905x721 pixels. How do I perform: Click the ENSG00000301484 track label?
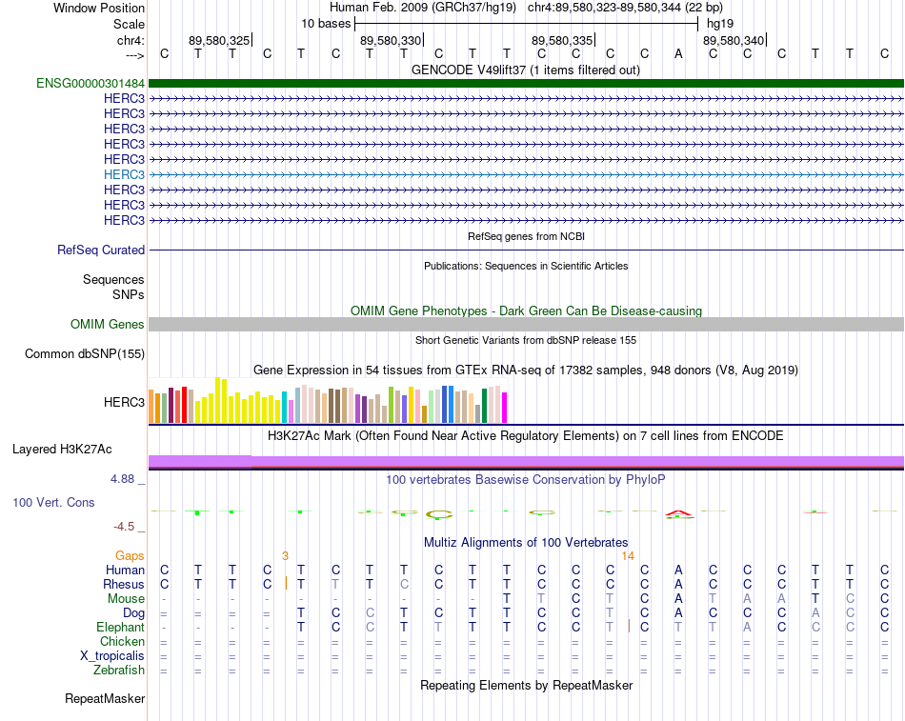[90, 84]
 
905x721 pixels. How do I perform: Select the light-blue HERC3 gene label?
[124, 174]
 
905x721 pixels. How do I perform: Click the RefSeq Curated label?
[101, 250]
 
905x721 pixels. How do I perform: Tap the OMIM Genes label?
[108, 325]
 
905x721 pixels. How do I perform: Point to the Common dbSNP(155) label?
[85, 354]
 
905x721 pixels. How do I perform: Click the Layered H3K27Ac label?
[62, 450]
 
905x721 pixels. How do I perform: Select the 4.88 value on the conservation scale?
[122, 478]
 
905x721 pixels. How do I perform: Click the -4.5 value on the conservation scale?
[124, 527]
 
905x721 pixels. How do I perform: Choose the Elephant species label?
[121, 627]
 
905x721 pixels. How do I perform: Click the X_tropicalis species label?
[112, 656]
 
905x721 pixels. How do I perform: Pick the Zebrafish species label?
[119, 671]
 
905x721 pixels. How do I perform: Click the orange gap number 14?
[628, 556]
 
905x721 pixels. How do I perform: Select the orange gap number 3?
[285, 556]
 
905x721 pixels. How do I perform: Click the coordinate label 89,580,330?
[391, 40]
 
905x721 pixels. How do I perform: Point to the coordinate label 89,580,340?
[734, 40]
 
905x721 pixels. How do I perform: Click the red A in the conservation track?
[678, 513]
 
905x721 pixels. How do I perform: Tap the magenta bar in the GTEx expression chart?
[505, 408]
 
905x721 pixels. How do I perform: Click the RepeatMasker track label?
[105, 698]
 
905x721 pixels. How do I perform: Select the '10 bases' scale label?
[326, 24]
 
